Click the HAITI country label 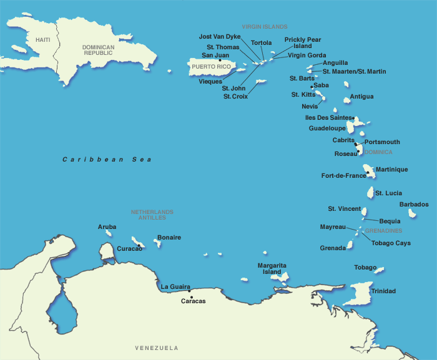click(x=42, y=40)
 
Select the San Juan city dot click(x=220, y=60)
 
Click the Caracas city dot click(x=190, y=290)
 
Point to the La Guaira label click(x=175, y=286)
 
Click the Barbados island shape click(x=412, y=213)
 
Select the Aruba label click(x=107, y=226)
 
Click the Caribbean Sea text click(x=107, y=160)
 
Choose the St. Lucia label click(x=388, y=193)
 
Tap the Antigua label click(x=361, y=97)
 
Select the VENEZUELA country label click(x=157, y=348)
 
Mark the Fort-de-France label click(x=343, y=175)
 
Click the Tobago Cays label click(x=391, y=243)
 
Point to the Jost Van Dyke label click(x=219, y=37)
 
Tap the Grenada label click(x=333, y=248)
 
